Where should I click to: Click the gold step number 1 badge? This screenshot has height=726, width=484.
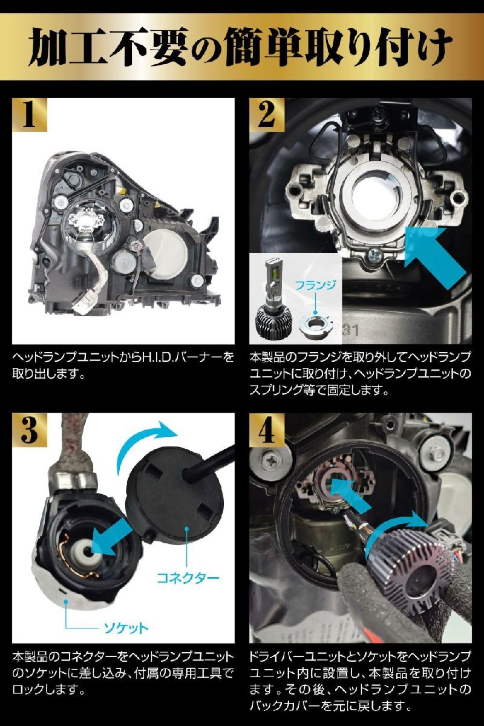click(30, 115)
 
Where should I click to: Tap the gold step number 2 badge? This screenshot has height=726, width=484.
click(266, 115)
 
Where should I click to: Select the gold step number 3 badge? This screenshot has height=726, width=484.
click(30, 430)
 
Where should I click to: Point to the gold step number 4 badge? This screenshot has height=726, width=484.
click(266, 430)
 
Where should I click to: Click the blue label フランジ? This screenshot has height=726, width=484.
click(315, 285)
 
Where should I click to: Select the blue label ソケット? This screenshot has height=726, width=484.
click(126, 628)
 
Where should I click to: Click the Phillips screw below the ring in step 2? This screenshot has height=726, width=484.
click(373, 257)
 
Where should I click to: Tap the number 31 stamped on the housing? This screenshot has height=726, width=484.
click(351, 330)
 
